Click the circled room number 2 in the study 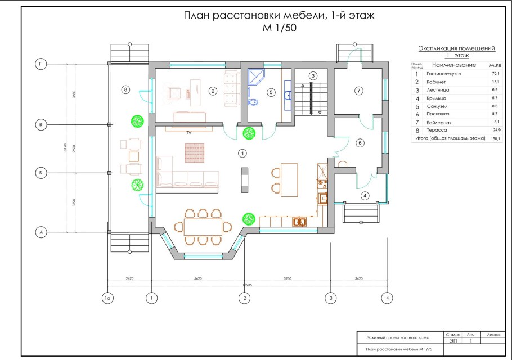point(213,90)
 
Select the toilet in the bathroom point(254,102)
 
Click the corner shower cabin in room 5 point(256,76)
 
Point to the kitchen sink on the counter point(299,222)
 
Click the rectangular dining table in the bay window point(203,227)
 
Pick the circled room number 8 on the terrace point(125,89)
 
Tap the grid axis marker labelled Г point(40,65)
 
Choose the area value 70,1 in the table point(495,74)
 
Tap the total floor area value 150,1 point(495,138)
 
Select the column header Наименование point(454,66)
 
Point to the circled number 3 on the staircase point(313,76)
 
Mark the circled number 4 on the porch point(365,195)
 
